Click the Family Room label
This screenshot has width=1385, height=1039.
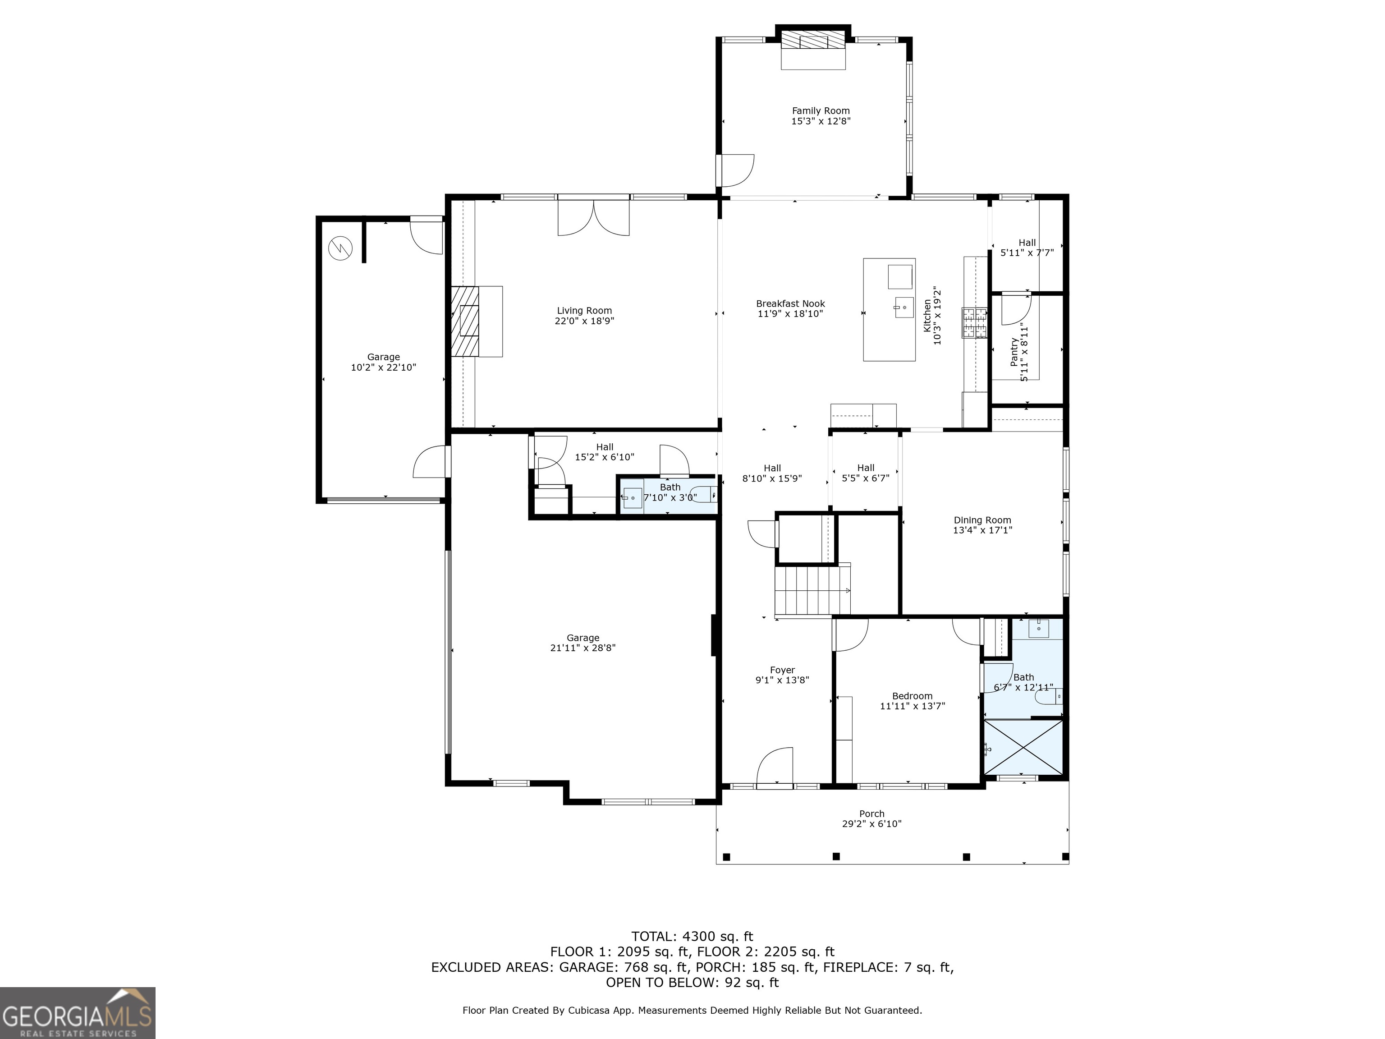tap(821, 111)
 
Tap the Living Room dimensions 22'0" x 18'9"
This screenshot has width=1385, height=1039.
tap(584, 321)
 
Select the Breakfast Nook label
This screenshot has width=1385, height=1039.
tap(790, 304)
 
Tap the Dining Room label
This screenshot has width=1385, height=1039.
tap(982, 520)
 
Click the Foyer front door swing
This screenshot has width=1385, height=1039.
tap(775, 765)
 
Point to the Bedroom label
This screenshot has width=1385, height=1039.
tap(912, 696)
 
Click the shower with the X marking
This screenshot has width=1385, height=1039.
tap(1023, 747)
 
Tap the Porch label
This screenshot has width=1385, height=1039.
tap(871, 814)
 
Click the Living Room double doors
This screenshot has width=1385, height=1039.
tap(594, 217)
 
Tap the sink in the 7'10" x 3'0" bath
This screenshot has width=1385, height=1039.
tap(633, 498)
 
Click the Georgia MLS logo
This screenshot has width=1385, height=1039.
tap(78, 1013)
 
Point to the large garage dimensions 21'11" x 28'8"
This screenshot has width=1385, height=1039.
tap(583, 648)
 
